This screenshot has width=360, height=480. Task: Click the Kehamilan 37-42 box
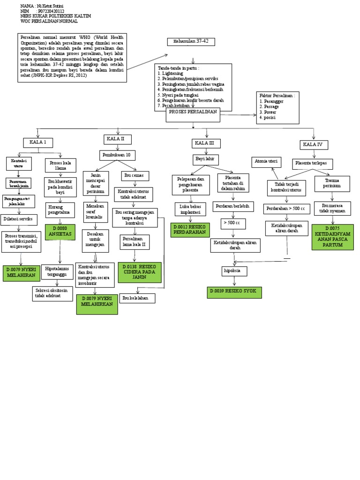[x=191, y=42]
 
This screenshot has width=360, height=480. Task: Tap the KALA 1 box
[x=38, y=142]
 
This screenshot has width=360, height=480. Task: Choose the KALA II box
[x=117, y=139]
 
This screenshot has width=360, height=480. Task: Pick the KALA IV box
[x=314, y=144]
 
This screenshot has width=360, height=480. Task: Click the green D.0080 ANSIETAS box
[x=60, y=232]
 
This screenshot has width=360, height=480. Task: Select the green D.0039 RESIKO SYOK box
[x=234, y=292]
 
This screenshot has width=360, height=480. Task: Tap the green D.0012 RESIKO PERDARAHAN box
[x=190, y=230]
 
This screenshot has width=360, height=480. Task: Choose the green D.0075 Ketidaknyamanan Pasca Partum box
[x=332, y=237]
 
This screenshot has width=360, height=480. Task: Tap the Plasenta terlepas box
[x=313, y=164]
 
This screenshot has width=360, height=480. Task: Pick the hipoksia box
[x=234, y=271]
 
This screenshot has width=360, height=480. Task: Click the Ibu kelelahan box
[x=137, y=298]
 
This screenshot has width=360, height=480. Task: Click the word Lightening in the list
[x=172, y=74]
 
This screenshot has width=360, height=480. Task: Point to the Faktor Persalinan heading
[x=277, y=96]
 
